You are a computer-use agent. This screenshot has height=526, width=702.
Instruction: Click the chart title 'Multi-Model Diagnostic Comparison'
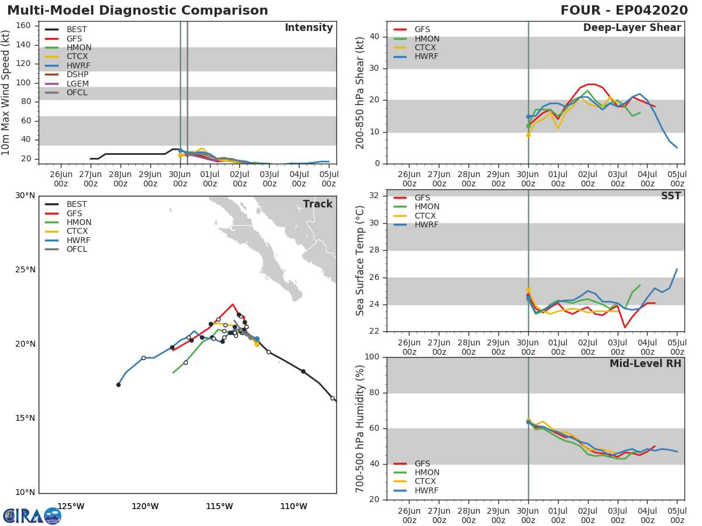click(x=137, y=11)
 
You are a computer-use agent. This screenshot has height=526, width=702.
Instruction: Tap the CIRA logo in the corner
click(x=32, y=515)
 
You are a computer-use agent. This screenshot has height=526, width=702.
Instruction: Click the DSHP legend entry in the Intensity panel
click(x=78, y=75)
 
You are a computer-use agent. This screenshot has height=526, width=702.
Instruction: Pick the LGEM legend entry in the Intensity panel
click(x=78, y=84)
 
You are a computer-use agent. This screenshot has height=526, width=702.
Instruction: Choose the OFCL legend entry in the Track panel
click(x=77, y=250)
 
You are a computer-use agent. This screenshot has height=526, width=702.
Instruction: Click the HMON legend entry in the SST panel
click(x=427, y=207)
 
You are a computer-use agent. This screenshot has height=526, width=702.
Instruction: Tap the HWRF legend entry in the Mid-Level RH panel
click(x=426, y=490)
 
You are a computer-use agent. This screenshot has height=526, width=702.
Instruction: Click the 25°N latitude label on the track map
click(x=25, y=270)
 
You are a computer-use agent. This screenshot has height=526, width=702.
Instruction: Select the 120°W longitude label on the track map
click(x=145, y=506)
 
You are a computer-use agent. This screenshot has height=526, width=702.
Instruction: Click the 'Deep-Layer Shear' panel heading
click(x=632, y=28)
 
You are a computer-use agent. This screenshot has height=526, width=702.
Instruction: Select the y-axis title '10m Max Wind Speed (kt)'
click(x=6, y=94)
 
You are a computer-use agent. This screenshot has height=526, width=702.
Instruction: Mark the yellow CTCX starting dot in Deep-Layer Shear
click(x=528, y=135)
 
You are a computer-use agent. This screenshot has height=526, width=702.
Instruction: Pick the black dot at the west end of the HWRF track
click(x=118, y=385)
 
